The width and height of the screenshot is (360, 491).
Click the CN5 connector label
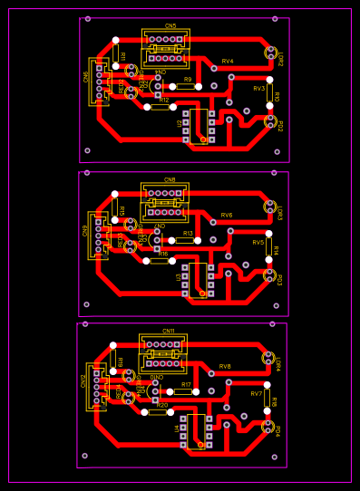click(x=171, y=26)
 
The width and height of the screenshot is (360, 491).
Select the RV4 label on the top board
click(x=228, y=62)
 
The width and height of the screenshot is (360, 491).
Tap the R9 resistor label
click(x=188, y=80)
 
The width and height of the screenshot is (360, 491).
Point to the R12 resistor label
click(x=164, y=100)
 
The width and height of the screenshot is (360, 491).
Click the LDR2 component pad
click(x=270, y=53)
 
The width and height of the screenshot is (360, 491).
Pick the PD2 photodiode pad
click(x=269, y=120)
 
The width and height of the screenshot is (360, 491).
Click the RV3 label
click(x=259, y=89)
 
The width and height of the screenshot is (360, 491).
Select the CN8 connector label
click(x=170, y=180)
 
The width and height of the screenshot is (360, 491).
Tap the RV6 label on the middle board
click(x=227, y=216)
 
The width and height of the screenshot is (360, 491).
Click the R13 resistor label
click(x=188, y=234)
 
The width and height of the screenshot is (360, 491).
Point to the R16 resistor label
click(x=163, y=254)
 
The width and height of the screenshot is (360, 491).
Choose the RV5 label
click(x=258, y=243)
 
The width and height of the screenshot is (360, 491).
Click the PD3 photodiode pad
click(x=268, y=274)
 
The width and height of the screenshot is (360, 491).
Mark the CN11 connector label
click(x=169, y=332)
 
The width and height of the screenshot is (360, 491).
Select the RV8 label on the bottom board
click(x=225, y=367)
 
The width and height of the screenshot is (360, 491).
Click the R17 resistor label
click(x=186, y=385)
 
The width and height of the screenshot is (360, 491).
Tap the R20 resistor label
click(x=161, y=405)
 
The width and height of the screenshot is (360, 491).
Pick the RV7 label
click(x=257, y=394)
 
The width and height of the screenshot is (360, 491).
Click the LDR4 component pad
click(x=268, y=358)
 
